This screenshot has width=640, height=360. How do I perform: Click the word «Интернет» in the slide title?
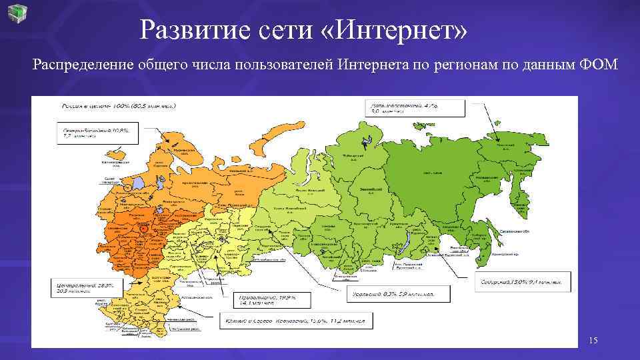pos(393,29)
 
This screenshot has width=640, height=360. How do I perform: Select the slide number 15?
pos(593,341)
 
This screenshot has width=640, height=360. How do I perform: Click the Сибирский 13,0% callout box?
pos(523,281)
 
